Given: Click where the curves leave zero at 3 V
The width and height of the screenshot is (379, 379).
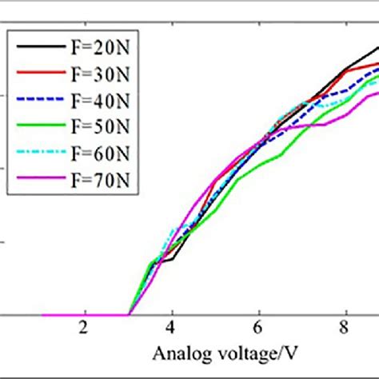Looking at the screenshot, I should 128,314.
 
